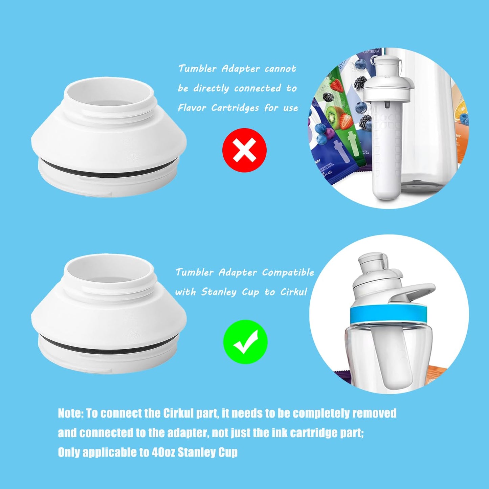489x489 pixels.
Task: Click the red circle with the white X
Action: (244, 150)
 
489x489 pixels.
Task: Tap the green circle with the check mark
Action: (245, 342)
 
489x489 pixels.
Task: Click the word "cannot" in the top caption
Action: (280, 69)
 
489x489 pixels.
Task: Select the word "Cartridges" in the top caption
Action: (235, 108)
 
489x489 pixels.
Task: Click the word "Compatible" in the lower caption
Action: (288, 273)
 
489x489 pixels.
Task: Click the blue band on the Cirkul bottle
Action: (388, 315)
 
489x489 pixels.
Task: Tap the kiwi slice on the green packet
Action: (332, 116)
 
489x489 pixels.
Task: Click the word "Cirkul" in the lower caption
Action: (294, 292)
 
